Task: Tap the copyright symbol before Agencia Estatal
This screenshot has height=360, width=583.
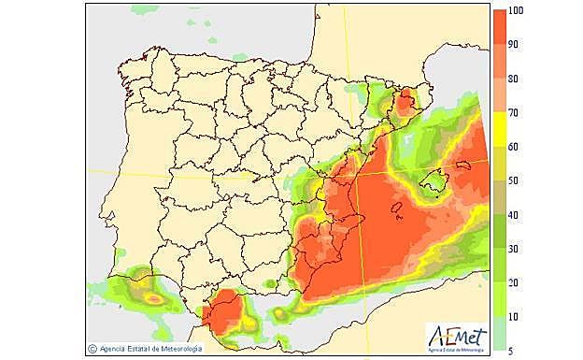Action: [x=92, y=349]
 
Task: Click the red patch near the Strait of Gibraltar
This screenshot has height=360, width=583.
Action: [x=221, y=313]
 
